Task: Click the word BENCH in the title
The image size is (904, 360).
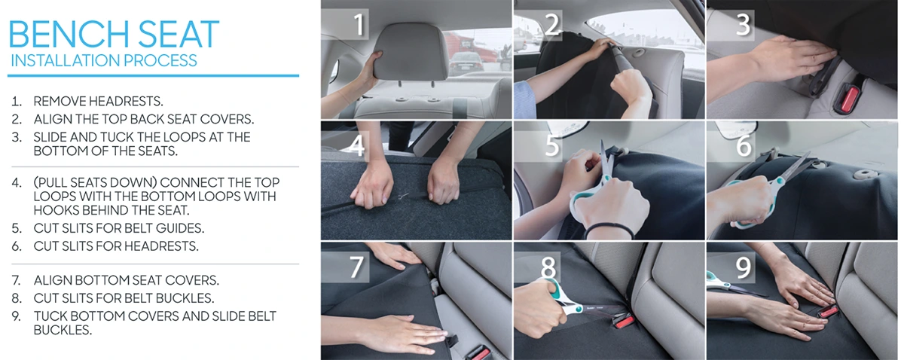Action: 69,34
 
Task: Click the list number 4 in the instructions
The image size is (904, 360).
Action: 17,182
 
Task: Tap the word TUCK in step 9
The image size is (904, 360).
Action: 50,316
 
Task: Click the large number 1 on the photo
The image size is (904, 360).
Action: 359,24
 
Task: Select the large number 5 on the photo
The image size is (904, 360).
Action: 551,145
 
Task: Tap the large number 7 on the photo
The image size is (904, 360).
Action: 357,267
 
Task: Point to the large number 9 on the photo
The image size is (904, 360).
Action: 743,267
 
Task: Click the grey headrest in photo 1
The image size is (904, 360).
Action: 411,51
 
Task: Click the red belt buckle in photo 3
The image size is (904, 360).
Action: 849,99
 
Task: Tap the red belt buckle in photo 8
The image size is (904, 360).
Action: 623,322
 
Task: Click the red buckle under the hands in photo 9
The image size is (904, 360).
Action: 827,311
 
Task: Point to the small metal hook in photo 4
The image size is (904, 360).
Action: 402,196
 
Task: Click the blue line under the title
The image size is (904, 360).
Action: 154,75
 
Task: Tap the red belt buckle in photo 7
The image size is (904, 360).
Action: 481,354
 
